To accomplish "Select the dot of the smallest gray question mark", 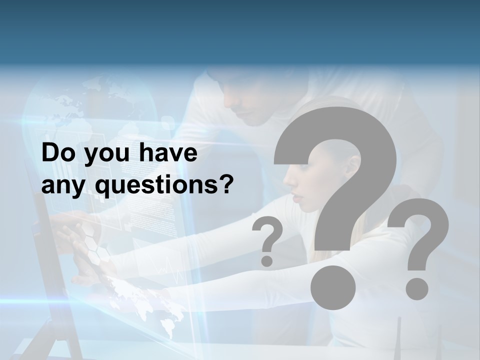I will (x=267, y=260).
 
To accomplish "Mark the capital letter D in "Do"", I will (x=50, y=153).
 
